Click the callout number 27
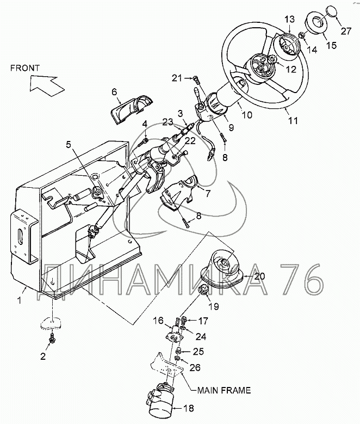pos(346,31)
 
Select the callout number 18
pos(189,408)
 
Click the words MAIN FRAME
pos(224,390)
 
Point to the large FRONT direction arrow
pos(46,85)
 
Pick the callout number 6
pos(114,91)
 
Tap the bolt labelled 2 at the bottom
pos(51,339)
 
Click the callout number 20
pos(259,276)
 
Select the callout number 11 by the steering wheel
pos(293,120)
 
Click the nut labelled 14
pos(302,35)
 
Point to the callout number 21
pos(177,78)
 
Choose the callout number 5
pos(69,144)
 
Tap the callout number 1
pos(19,300)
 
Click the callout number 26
pos(195,367)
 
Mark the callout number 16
pos(158,321)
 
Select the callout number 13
pos(289,20)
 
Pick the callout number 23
pos(167,122)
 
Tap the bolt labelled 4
pos(142,142)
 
